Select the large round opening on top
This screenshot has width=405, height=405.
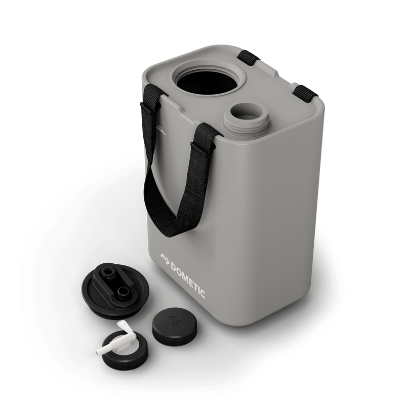tap(203, 83)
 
